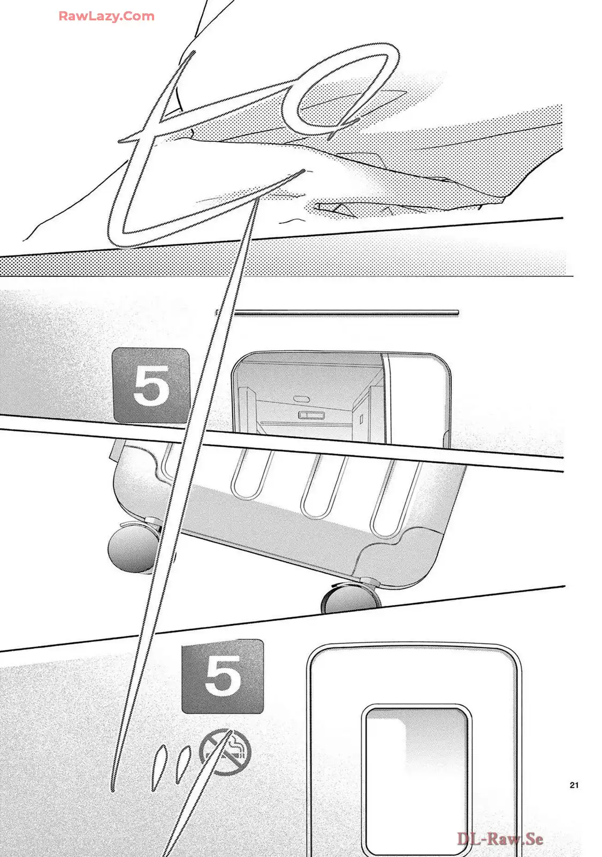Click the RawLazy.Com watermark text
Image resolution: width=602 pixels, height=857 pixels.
coord(106,16)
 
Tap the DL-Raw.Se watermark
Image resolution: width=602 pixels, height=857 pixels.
coord(500,839)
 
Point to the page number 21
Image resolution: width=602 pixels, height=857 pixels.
coord(574,785)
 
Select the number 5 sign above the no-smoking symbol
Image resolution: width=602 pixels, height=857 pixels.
coord(223,676)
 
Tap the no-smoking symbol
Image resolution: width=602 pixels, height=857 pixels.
coord(225,749)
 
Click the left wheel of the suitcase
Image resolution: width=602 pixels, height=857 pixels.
coord(130,551)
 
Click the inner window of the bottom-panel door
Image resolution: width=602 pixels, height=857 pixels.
coord(416,771)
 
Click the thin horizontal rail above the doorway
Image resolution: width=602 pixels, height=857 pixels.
coord(345,312)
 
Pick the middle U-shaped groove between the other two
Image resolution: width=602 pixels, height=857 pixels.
coord(319,487)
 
